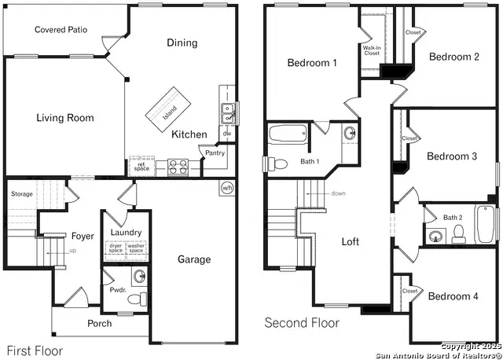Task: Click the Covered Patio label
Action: [x=61, y=30]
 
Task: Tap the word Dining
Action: [x=182, y=43]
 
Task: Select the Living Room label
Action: [x=64, y=118]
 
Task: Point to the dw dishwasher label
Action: [x=226, y=134]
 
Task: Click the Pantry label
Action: [x=215, y=152]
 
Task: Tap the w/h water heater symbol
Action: [x=227, y=188]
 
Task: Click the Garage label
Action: [x=193, y=259]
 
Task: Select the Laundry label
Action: [x=126, y=233]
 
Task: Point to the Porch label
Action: [x=99, y=323]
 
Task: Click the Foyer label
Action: [x=83, y=236]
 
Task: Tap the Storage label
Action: [x=22, y=193]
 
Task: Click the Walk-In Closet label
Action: [x=372, y=50]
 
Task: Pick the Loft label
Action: [x=351, y=241]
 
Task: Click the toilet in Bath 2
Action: [x=461, y=232]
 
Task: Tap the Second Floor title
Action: [x=302, y=322]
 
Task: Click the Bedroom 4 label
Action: [x=452, y=296]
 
